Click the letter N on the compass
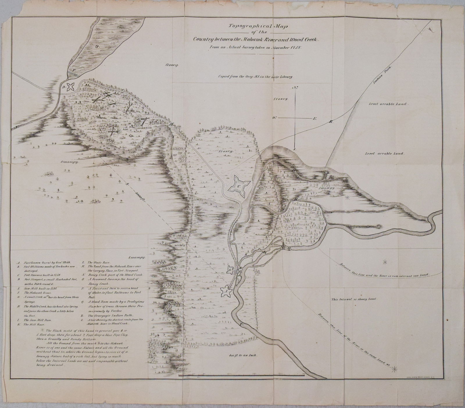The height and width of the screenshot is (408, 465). click(295, 87)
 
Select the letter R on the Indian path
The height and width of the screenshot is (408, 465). click(330, 122)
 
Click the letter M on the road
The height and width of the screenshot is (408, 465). click(171, 124)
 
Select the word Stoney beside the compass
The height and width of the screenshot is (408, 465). click(280, 99)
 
